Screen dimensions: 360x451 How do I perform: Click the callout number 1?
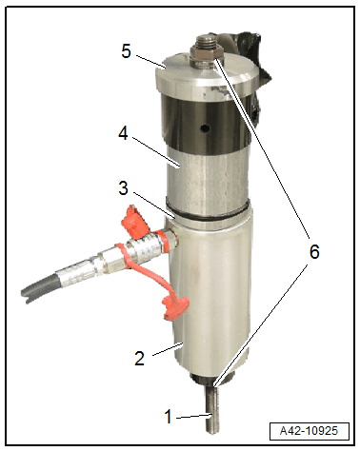169,416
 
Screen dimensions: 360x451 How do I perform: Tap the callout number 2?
139,359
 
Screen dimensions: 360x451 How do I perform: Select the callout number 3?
123,187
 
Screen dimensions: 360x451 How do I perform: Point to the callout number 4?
123,133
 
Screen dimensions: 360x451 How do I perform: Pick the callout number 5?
126,50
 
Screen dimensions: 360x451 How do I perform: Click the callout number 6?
314,251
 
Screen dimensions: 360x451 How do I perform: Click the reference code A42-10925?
309,431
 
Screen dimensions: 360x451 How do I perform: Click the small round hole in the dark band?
206,128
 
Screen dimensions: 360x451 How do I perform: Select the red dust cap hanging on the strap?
175,306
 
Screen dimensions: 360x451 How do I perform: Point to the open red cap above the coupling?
135,222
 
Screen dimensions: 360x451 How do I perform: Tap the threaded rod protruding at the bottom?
212,408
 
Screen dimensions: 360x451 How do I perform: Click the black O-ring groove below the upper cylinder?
207,212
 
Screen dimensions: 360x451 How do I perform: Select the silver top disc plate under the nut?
208,75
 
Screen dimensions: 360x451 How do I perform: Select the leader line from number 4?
155,151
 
